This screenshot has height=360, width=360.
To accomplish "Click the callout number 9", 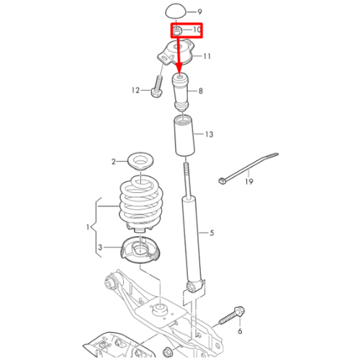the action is [x=199, y=12].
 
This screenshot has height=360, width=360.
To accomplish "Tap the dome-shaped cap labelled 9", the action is [x=176, y=11].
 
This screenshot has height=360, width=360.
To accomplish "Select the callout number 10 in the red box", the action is [x=197, y=30].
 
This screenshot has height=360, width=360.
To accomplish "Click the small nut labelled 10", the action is [x=177, y=30].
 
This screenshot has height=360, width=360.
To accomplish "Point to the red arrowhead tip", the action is [x=179, y=71].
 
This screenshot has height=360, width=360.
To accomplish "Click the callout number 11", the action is [x=207, y=56].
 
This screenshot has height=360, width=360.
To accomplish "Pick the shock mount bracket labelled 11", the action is [x=176, y=53].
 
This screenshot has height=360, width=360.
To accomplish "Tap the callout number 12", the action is [x=135, y=90].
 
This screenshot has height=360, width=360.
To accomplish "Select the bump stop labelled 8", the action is [x=181, y=91].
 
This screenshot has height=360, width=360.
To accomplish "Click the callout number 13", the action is [x=210, y=135].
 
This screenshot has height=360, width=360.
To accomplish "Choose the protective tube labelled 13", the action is [x=184, y=135].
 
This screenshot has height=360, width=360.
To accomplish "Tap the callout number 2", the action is [x=114, y=162].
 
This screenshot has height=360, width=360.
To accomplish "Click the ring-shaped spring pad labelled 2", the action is [x=140, y=162].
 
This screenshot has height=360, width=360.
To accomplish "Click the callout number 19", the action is [x=249, y=181].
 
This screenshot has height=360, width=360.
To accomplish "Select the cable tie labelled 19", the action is [x=248, y=168].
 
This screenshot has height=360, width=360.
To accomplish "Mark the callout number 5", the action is [x=212, y=233].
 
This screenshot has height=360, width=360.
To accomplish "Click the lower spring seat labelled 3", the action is [x=140, y=250].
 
